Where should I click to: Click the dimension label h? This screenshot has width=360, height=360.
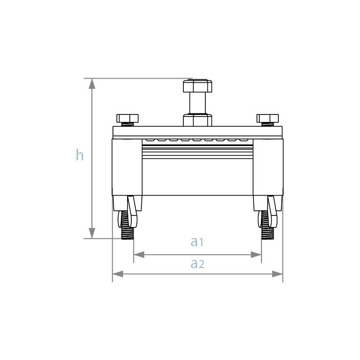80,155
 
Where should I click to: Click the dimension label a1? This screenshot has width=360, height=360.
197,242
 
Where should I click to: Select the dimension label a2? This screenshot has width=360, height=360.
197,263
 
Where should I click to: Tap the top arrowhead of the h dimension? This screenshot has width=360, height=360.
92,83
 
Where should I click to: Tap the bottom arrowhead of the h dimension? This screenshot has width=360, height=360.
92,234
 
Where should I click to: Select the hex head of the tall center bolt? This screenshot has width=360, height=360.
197,85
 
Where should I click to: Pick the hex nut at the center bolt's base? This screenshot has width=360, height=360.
197,121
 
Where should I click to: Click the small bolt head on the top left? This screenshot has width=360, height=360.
127,118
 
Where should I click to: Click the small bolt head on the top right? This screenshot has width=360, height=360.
268,118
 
